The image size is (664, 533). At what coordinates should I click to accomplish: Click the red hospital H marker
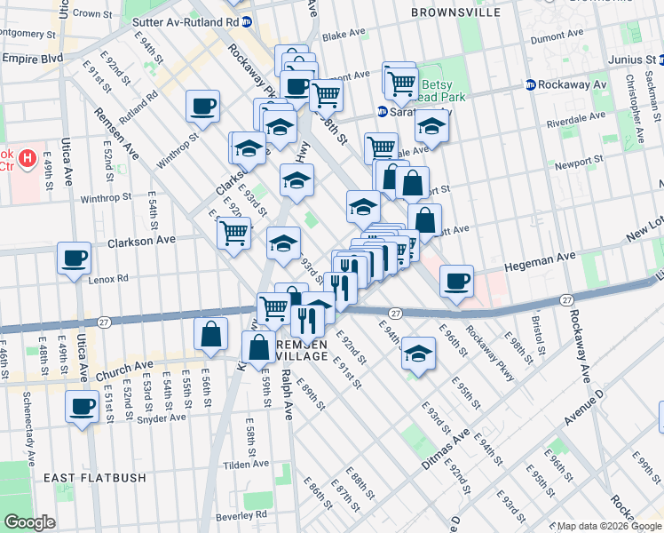pos(28,159)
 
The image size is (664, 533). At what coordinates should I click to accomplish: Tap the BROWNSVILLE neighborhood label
pos(455,12)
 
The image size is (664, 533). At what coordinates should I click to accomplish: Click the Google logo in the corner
pos(29,522)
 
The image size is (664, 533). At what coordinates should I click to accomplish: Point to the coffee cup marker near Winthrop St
pos(203,107)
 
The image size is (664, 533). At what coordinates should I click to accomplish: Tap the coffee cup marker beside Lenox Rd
pos(74,259)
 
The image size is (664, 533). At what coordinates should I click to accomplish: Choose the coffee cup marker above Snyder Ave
pos(83,407)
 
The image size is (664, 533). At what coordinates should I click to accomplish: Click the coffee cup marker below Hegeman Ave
pos(456,281)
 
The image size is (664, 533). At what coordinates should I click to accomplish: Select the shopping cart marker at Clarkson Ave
pos(233,234)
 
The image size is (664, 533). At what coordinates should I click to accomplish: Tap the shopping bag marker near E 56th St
pos(210,335)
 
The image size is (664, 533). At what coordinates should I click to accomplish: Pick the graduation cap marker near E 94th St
pos(418,354)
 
